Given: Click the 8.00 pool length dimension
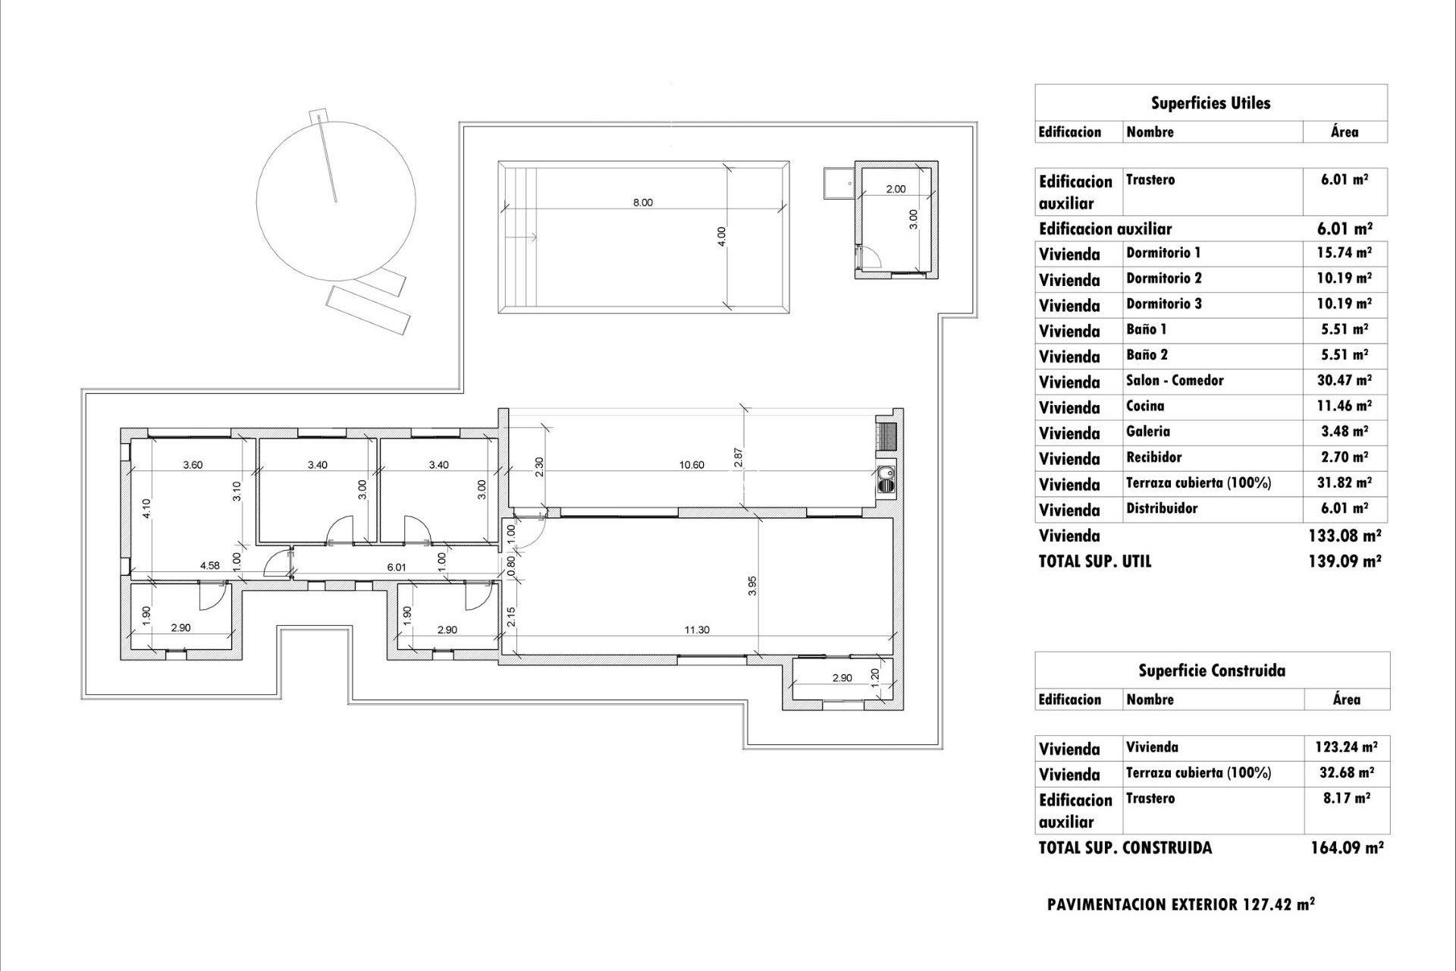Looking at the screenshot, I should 642,203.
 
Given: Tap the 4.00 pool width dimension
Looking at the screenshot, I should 722,236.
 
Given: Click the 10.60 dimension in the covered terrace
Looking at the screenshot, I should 692,465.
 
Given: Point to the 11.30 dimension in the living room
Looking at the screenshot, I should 696,630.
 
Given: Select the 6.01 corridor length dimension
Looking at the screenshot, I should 397,567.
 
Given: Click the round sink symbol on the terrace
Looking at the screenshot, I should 885,478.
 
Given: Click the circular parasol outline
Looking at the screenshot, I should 335,201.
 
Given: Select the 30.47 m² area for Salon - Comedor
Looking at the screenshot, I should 1344,380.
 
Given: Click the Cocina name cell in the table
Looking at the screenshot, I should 1145,406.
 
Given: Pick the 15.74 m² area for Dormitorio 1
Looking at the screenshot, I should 1344,253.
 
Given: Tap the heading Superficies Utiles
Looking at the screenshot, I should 1210,103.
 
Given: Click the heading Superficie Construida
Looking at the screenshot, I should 1211,671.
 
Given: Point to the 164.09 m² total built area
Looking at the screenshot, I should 1347,847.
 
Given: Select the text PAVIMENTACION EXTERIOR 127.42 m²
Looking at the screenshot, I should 1180,904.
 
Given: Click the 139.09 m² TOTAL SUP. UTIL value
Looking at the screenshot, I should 1345,561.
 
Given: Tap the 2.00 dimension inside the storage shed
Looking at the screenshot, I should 896,189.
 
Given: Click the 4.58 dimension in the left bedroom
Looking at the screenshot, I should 210,565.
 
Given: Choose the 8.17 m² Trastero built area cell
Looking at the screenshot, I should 1346,798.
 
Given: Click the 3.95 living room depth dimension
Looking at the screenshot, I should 752,586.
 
